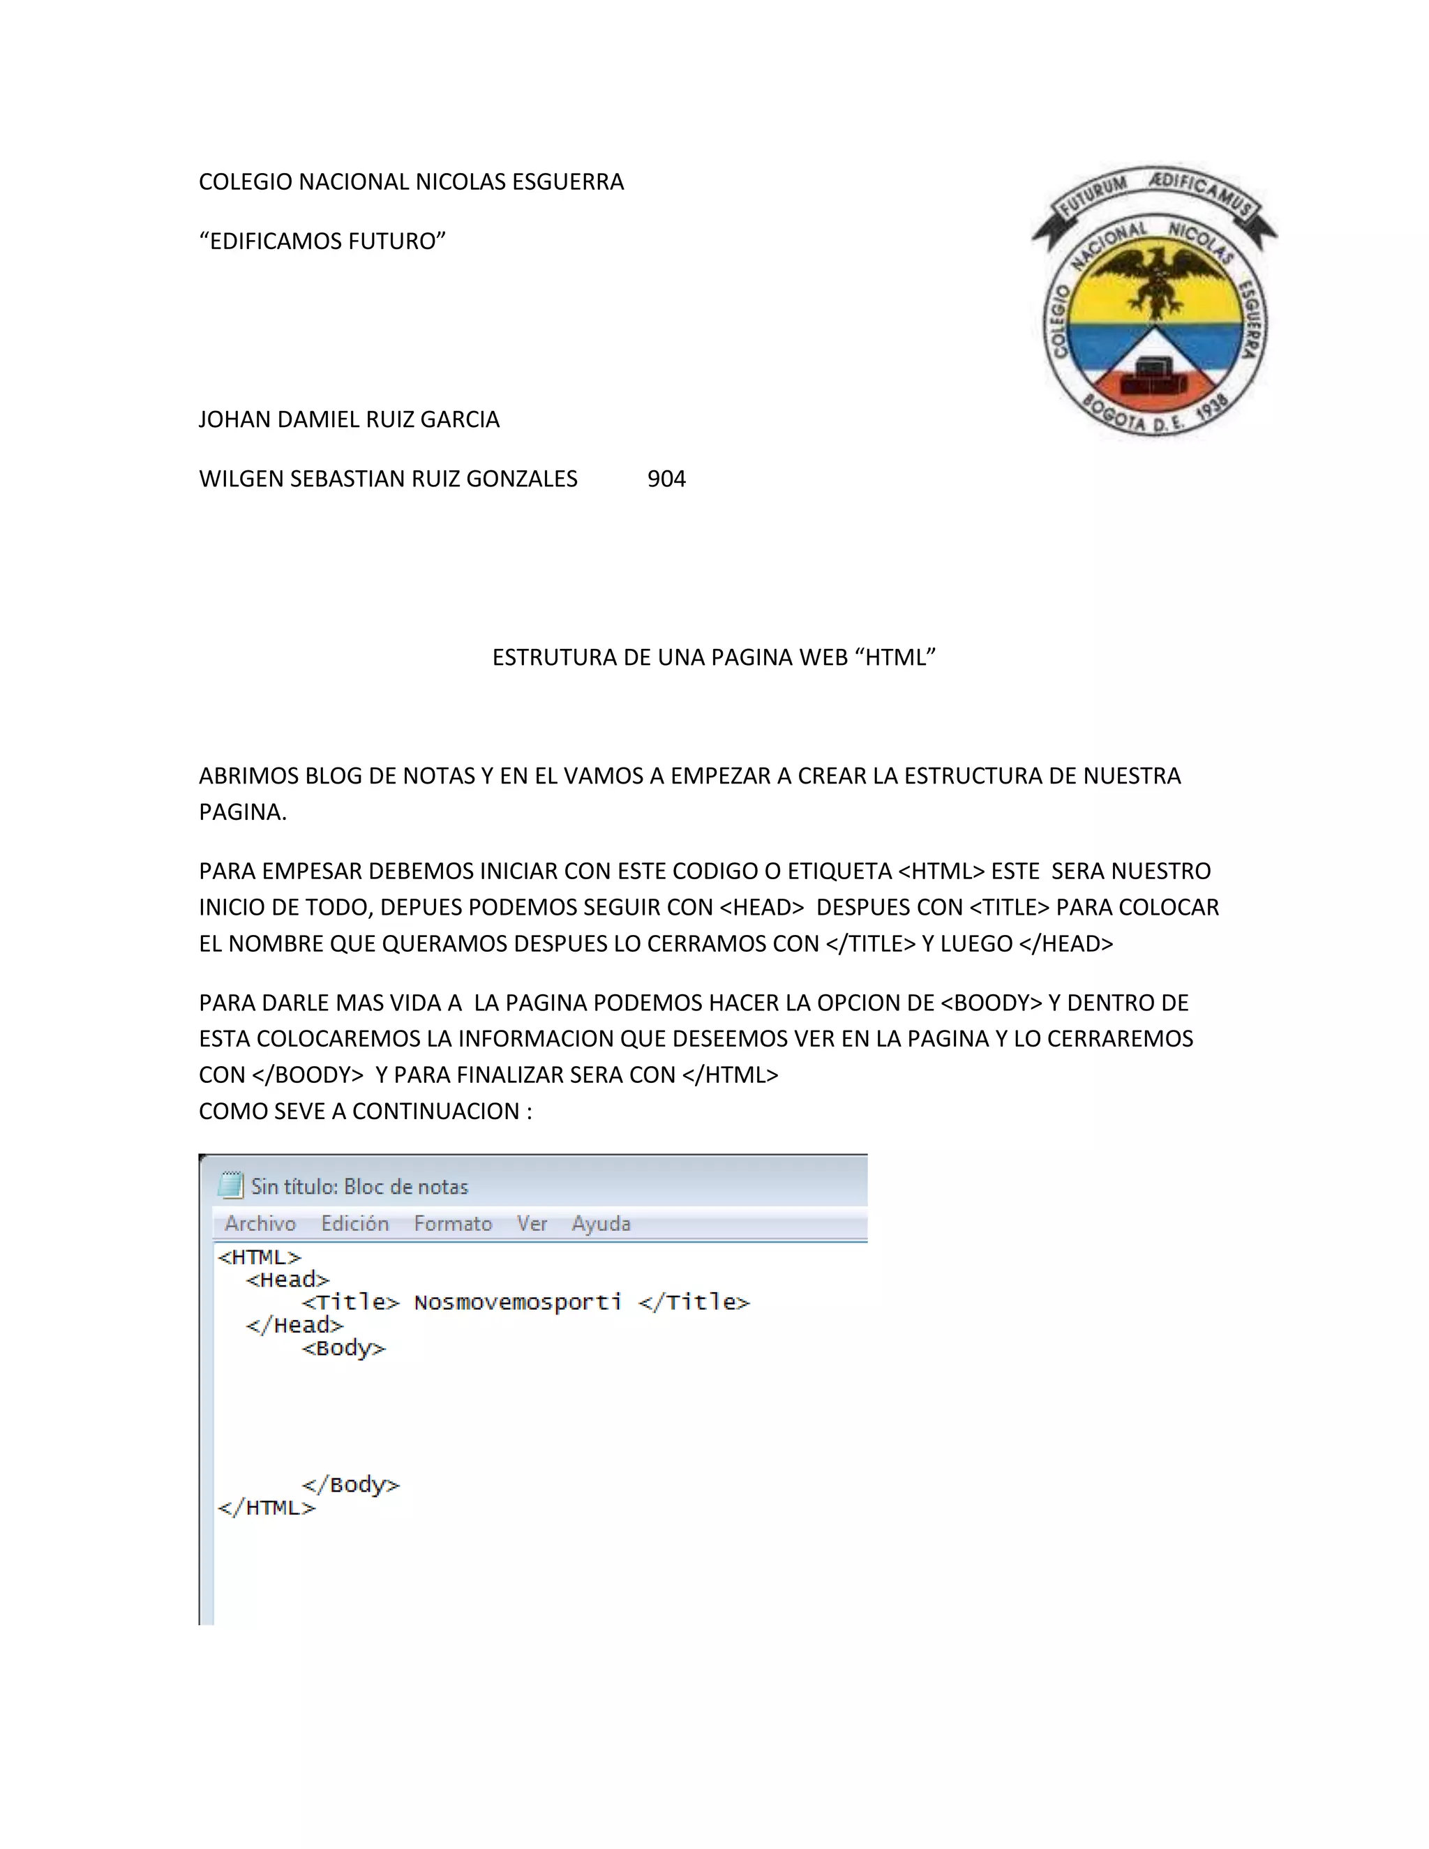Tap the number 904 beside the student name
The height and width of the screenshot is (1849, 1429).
[x=666, y=479]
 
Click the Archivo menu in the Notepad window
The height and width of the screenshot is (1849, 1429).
[x=260, y=1223]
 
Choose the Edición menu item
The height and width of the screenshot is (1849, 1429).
[x=354, y=1223]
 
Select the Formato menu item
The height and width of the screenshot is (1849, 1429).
[x=453, y=1223]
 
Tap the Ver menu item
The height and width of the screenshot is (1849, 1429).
[x=532, y=1223]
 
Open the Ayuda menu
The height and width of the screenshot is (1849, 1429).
[x=601, y=1223]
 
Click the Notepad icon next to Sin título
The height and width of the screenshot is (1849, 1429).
[x=230, y=1185]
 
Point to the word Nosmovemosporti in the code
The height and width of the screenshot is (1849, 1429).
[x=517, y=1302]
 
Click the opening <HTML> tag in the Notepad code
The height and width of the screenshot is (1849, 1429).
[x=259, y=1257]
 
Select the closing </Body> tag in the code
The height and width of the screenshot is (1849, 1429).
[x=350, y=1485]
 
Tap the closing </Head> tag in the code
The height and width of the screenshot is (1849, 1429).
[x=294, y=1325]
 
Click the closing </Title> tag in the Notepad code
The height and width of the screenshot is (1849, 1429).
[x=694, y=1302]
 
